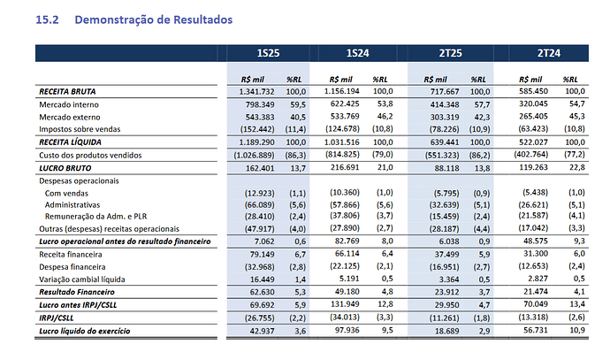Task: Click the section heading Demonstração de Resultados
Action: [153, 19]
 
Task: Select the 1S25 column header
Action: [268, 53]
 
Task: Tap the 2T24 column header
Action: [549, 53]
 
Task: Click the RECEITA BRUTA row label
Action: [67, 91]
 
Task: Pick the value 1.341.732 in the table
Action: [256, 91]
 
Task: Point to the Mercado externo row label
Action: [70, 117]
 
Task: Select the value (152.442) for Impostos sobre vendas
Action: [257, 129]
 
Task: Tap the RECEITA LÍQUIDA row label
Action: [70, 142]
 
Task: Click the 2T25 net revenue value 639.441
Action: [445, 142]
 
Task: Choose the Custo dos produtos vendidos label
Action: [90, 156]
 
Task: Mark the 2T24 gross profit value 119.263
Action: [533, 167]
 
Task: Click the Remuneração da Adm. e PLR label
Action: [95, 217]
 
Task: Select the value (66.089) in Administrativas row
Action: [260, 205]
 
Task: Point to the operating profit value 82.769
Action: [347, 241]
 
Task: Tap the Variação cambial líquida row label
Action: [82, 280]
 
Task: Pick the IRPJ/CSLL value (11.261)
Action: [445, 318]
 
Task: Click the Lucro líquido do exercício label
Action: [84, 331]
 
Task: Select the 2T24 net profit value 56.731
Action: [536, 330]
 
